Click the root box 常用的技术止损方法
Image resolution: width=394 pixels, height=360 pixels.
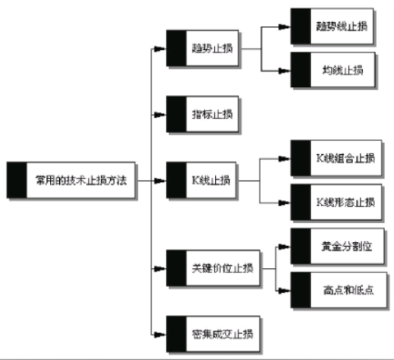[73, 178]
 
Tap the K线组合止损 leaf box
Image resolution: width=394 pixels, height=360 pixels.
[336, 157]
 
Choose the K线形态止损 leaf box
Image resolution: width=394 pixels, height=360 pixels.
[336, 201]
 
